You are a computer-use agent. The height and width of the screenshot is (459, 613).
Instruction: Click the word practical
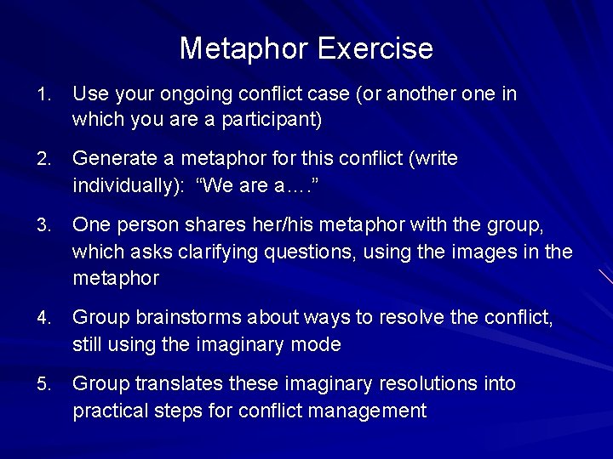click(108, 411)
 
